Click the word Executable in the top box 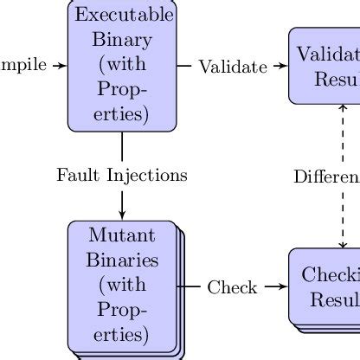(x=124, y=16)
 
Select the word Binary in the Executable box (x=122, y=40)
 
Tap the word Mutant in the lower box (x=122, y=235)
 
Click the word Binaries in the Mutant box (x=122, y=260)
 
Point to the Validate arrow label (x=233, y=66)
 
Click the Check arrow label (x=233, y=286)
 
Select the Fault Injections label (x=122, y=175)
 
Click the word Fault (x=75, y=175)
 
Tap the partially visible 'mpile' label (x=23, y=65)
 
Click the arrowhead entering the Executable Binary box (x=62, y=65)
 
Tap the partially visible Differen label (x=327, y=177)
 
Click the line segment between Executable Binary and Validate (x=184, y=65)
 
